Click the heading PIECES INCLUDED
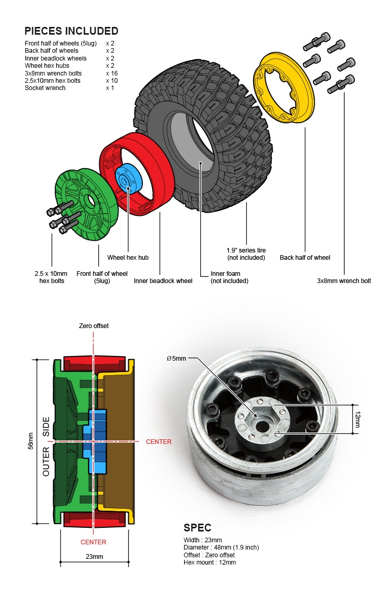(71, 31)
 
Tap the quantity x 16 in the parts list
(112, 73)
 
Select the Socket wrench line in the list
(45, 88)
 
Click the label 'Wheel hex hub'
(128, 258)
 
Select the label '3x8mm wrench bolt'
(344, 281)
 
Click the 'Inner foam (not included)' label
(229, 277)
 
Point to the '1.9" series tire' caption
(246, 254)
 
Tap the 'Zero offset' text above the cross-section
(94, 326)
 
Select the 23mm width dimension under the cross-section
(94, 557)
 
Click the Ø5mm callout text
(176, 359)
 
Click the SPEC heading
(197, 528)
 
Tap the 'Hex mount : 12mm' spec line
(210, 562)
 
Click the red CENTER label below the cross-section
(93, 542)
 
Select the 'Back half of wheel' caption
(305, 258)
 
